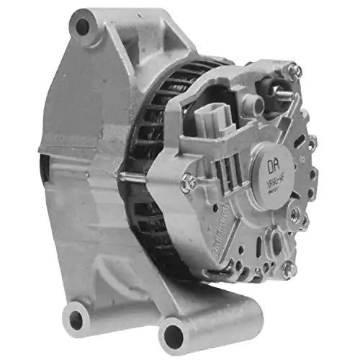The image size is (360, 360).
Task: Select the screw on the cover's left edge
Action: pyautogui.click(x=187, y=180)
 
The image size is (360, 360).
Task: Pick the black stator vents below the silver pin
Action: pyautogui.click(x=144, y=216)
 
